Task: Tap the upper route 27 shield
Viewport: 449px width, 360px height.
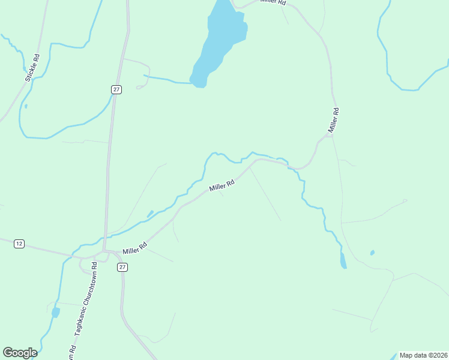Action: coord(116,89)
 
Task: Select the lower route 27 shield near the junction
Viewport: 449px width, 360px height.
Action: coord(122,267)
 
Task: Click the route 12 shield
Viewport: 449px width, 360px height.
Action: coord(19,244)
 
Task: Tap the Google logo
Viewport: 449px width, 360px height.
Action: coord(20,353)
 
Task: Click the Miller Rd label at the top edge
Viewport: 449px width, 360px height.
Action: coord(273,2)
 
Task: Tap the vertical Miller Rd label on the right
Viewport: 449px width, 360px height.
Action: coord(334,120)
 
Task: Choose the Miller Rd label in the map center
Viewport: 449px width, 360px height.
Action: coord(221,184)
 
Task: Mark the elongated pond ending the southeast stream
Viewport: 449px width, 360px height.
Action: coord(343,260)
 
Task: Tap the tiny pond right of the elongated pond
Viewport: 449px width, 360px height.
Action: coord(373,253)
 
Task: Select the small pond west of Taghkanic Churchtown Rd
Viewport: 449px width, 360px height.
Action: coord(55,313)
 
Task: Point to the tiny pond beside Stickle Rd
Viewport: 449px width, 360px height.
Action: coord(26,107)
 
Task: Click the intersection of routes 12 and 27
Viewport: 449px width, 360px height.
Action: coord(104,251)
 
